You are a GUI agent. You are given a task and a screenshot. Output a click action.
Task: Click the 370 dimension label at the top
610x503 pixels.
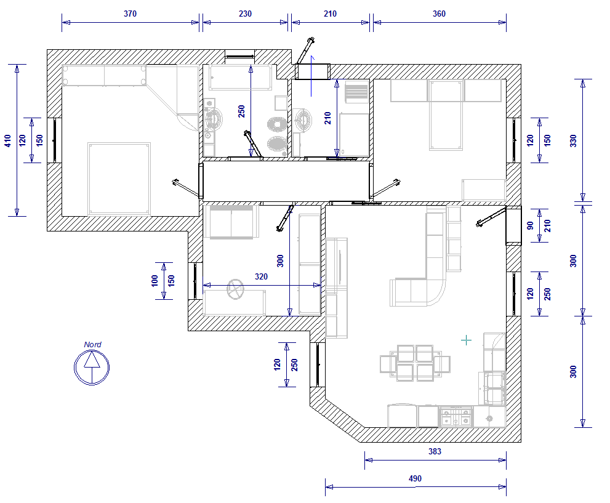coord(130,14)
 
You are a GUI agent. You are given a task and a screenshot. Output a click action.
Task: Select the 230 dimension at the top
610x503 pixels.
coord(245,14)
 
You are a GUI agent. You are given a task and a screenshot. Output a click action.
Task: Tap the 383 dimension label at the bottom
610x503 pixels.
coord(435,451)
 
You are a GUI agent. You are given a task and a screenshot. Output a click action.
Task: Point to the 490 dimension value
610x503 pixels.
coord(415,478)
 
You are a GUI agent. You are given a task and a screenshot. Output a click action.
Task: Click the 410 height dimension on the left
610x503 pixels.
coord(8,140)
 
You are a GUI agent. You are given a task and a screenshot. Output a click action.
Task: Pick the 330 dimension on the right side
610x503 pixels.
coord(574,140)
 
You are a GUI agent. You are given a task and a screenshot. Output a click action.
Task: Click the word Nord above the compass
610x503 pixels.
coord(92,344)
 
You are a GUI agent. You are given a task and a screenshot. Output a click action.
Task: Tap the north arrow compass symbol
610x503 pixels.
coord(92,367)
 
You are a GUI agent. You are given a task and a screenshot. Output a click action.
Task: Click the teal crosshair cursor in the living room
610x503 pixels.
coord(466,340)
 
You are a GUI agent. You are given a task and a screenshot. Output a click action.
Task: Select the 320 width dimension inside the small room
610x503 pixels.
coord(261,276)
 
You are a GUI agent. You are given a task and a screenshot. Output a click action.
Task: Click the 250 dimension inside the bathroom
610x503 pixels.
coord(241,111)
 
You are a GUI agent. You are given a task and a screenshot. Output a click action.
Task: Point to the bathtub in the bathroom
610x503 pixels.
coord(240,78)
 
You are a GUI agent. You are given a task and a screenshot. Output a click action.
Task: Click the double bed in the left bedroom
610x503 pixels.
coord(119,179)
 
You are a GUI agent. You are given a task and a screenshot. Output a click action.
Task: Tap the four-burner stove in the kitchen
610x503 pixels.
coord(455,417)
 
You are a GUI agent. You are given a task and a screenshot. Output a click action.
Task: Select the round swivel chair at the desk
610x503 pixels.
coord(235,289)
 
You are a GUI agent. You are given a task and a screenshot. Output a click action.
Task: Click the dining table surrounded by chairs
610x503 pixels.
coord(415,363)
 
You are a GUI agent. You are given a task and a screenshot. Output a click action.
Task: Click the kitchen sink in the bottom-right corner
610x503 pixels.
coord(489,418)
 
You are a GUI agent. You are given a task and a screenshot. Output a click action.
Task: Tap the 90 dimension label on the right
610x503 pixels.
coord(530,225)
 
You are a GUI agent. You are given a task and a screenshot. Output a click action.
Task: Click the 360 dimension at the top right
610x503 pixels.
coord(439,14)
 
